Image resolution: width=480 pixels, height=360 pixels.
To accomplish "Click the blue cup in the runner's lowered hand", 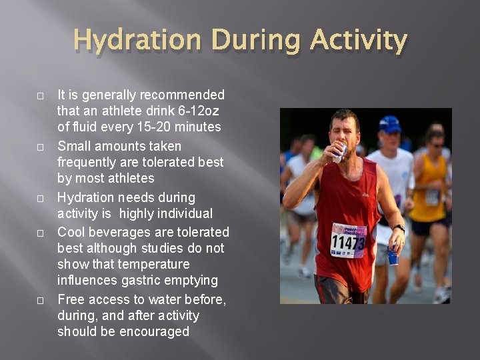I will [x=393, y=255].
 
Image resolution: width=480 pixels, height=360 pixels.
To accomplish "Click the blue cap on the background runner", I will [x=390, y=124].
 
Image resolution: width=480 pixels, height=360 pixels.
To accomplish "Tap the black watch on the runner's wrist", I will [x=399, y=229].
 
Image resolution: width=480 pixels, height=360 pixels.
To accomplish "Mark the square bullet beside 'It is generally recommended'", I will [x=40, y=96].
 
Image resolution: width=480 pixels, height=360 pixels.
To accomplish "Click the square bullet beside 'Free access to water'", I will [x=40, y=301].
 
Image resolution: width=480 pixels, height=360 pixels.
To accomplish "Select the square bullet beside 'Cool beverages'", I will [x=40, y=233].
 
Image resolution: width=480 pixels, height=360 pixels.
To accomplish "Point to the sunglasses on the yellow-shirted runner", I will [x=437, y=143].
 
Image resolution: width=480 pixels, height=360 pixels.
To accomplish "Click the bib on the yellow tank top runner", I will [x=432, y=197].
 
